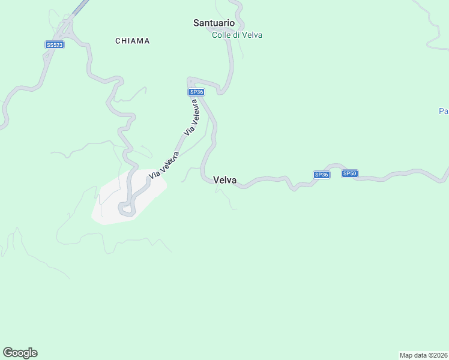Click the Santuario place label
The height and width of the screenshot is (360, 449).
[214, 23]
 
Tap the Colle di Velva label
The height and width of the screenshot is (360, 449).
[237, 35]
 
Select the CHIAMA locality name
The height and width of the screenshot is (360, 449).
[133, 41]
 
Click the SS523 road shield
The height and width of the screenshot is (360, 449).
[54, 45]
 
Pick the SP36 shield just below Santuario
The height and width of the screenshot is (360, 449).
[196, 92]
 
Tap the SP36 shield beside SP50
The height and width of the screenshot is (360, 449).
[322, 175]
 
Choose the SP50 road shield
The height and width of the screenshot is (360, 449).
[350, 174]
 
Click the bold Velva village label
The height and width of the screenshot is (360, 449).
[224, 180]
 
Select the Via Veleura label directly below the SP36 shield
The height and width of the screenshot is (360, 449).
[191, 117]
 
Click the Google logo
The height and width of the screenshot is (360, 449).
[20, 353]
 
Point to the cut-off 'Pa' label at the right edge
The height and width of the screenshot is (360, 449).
[444, 111]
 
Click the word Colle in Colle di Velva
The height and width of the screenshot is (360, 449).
[221, 35]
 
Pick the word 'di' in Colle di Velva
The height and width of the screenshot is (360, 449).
[237, 35]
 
